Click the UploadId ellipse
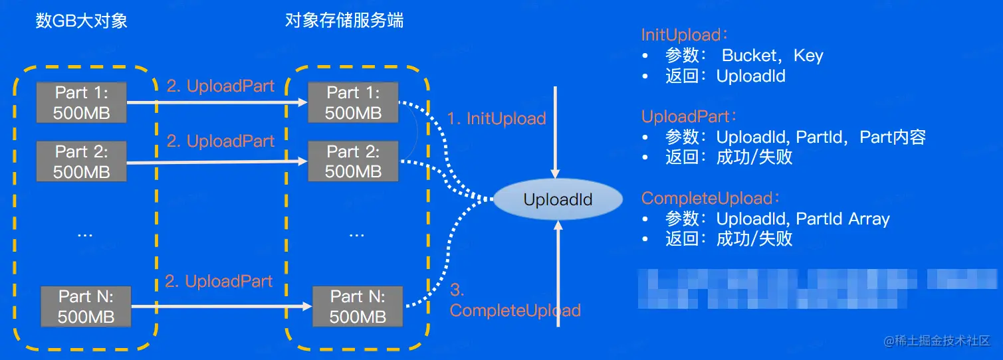click(558, 199)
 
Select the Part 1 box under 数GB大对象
click(81, 102)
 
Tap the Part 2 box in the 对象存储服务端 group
click(353, 161)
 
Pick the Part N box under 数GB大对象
click(86, 306)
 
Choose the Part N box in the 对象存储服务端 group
click(358, 306)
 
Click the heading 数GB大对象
click(81, 21)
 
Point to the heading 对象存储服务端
click(344, 21)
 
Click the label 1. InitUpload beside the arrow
click(497, 119)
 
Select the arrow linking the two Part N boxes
click(221, 306)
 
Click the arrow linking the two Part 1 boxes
click(217, 102)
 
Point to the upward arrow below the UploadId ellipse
click(558, 272)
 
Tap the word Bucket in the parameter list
click(748, 56)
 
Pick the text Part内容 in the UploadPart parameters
click(893, 137)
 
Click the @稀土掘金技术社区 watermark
click(937, 341)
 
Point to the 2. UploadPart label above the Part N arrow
click(219, 282)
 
